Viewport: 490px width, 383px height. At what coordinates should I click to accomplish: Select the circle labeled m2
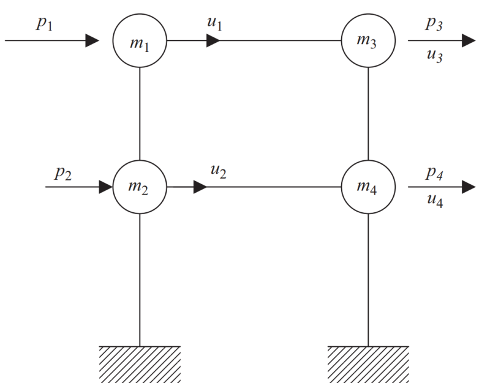point(140,186)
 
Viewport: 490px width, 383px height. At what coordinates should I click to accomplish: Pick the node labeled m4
point(368,186)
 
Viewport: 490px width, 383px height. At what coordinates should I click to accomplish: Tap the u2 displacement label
point(217,173)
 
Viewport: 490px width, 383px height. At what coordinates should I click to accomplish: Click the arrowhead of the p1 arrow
point(92,42)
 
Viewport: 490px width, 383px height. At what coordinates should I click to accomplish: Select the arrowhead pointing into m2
point(106,186)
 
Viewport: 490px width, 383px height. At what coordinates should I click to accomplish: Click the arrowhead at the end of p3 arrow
point(469,42)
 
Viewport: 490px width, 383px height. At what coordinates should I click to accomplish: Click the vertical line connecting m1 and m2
point(140,113)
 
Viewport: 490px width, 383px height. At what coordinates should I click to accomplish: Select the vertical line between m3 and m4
point(368,113)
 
